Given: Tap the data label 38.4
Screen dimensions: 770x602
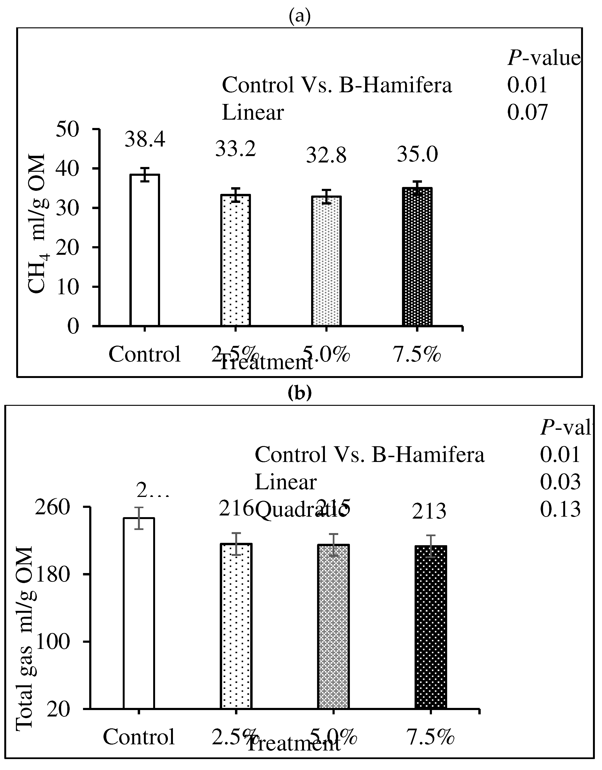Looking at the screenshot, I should pos(145,140).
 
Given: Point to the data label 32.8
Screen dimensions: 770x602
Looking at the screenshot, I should pos(326,156).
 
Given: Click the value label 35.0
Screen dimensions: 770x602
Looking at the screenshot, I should pos(417,154).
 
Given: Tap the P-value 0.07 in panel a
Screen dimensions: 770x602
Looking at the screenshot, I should pos(527,113).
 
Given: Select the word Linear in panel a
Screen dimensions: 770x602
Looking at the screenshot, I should pos(253,113).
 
